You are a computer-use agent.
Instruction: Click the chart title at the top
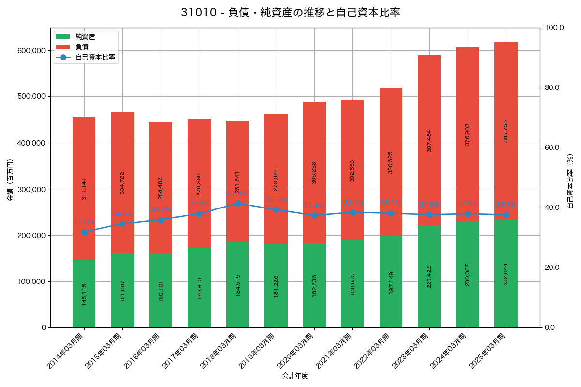tap(290, 13)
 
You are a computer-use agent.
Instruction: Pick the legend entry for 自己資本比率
tap(95, 57)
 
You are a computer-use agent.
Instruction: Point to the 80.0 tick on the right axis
tap(551, 88)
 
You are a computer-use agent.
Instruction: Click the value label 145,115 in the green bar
tap(84, 294)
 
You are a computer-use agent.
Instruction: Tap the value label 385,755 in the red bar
tap(506, 131)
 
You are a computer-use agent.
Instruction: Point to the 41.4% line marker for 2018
tap(238, 204)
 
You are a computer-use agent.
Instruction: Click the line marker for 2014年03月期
tap(84, 232)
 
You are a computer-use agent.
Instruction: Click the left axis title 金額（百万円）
tap(10, 180)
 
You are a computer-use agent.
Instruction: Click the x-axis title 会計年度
tap(295, 376)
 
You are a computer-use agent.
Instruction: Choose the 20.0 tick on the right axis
tap(551, 268)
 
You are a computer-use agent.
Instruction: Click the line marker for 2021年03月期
tap(352, 212)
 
